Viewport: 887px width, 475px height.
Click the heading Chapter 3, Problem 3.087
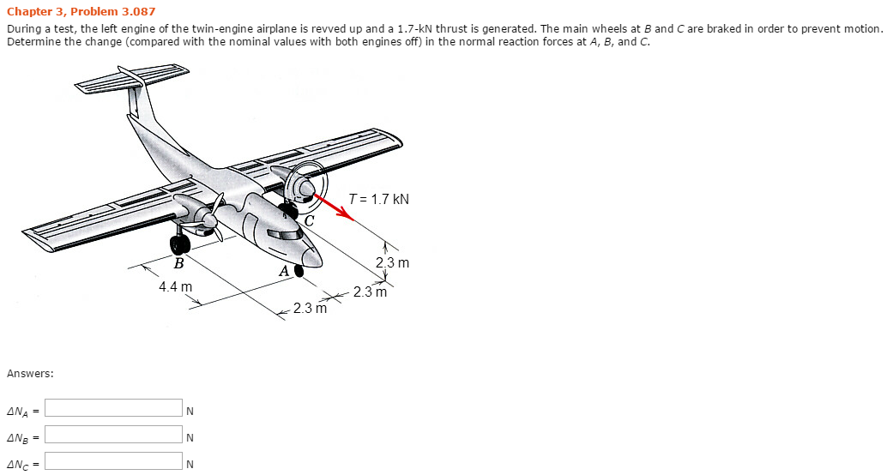click(81, 11)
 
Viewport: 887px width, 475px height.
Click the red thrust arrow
click(335, 207)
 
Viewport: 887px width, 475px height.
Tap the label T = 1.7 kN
click(379, 200)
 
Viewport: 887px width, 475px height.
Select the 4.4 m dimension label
click(175, 286)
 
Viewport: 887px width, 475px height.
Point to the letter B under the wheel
click(178, 263)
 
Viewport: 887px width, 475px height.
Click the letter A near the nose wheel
click(285, 273)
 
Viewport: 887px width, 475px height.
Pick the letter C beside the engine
click(309, 221)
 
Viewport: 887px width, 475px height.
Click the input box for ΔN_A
click(113, 408)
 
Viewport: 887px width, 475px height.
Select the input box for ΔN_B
click(113, 436)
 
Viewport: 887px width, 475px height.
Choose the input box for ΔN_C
click(113, 462)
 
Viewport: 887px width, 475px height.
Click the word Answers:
click(30, 374)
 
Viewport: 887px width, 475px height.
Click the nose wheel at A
click(299, 271)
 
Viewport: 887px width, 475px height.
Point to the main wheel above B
click(180, 244)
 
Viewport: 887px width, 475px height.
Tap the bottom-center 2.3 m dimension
click(310, 308)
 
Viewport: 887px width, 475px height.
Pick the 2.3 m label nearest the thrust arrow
click(392, 262)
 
